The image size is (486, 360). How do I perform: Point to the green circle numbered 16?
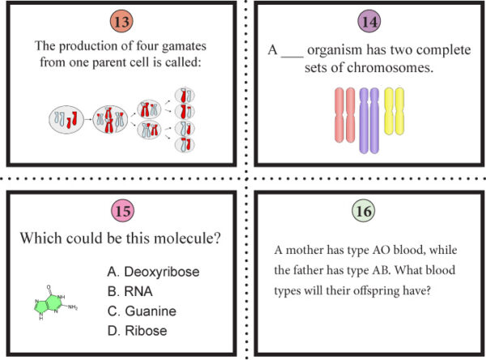pyautogui.click(x=364, y=212)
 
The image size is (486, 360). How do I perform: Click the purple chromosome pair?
pyautogui.click(x=369, y=119)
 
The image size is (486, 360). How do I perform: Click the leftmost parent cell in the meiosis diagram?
pyautogui.click(x=65, y=120)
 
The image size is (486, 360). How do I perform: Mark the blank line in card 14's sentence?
pyautogui.click(x=292, y=52)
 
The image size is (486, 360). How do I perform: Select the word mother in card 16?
pyautogui.click(x=304, y=251)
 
